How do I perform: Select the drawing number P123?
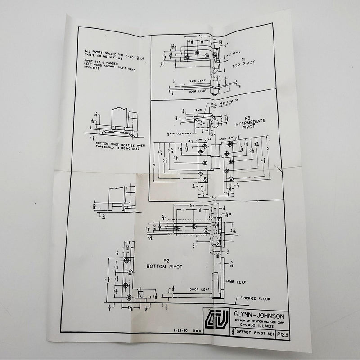point(283,334)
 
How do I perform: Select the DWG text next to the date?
point(195,331)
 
